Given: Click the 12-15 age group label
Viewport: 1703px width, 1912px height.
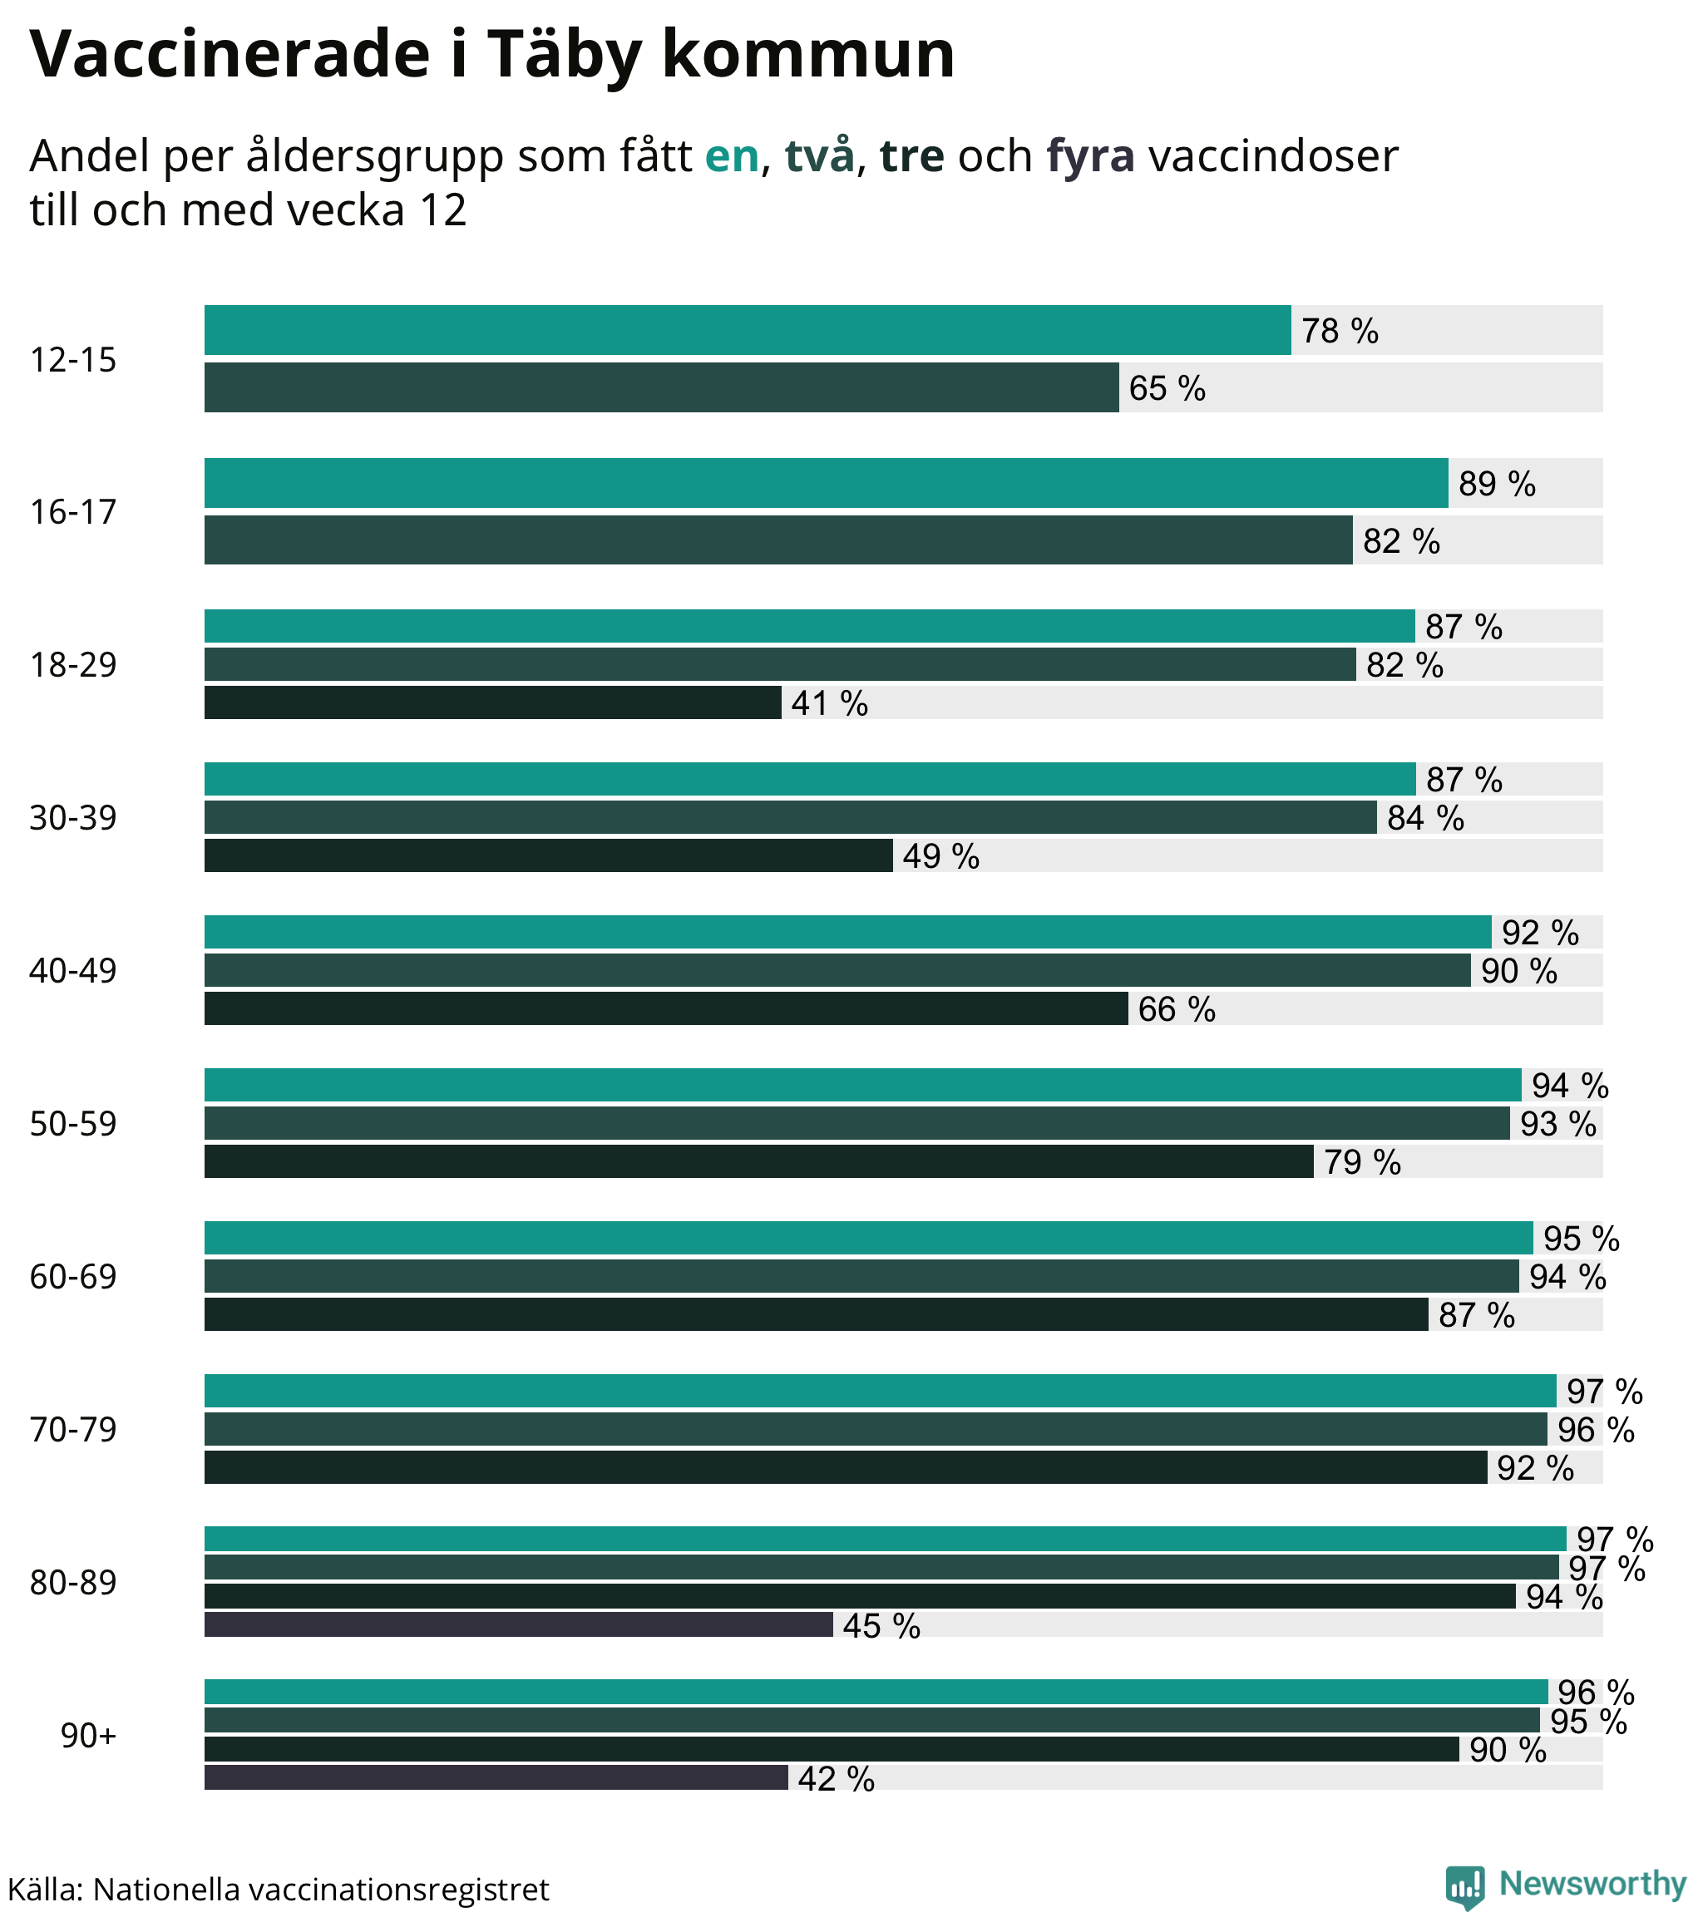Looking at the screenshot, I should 73,360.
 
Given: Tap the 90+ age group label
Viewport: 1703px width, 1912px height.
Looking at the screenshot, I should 89,1735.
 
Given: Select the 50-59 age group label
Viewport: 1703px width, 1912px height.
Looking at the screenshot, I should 73,1123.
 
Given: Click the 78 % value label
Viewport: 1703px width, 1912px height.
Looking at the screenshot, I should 1339,331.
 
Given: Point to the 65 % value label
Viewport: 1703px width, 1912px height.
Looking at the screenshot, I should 1167,388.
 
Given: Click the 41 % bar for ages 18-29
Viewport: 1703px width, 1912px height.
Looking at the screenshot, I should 492,702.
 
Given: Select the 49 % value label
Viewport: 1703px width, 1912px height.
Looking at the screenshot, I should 940,856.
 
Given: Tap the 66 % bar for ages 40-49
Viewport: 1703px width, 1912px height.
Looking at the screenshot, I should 665,1008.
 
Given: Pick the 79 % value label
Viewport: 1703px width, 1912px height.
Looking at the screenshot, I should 1361,1162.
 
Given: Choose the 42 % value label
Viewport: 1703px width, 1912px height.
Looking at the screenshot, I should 836,1778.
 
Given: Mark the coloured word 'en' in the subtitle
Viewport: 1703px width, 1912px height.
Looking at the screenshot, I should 732,156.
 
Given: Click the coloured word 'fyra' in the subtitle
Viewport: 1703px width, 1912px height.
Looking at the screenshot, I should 1090,156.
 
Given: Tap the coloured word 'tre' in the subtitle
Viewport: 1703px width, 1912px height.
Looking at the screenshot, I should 911,156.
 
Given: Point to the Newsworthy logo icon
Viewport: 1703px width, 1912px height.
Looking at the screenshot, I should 1464,1885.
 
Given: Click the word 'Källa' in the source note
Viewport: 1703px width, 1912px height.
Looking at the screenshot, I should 44,1889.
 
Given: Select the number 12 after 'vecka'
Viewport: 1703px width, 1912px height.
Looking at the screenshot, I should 442,210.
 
